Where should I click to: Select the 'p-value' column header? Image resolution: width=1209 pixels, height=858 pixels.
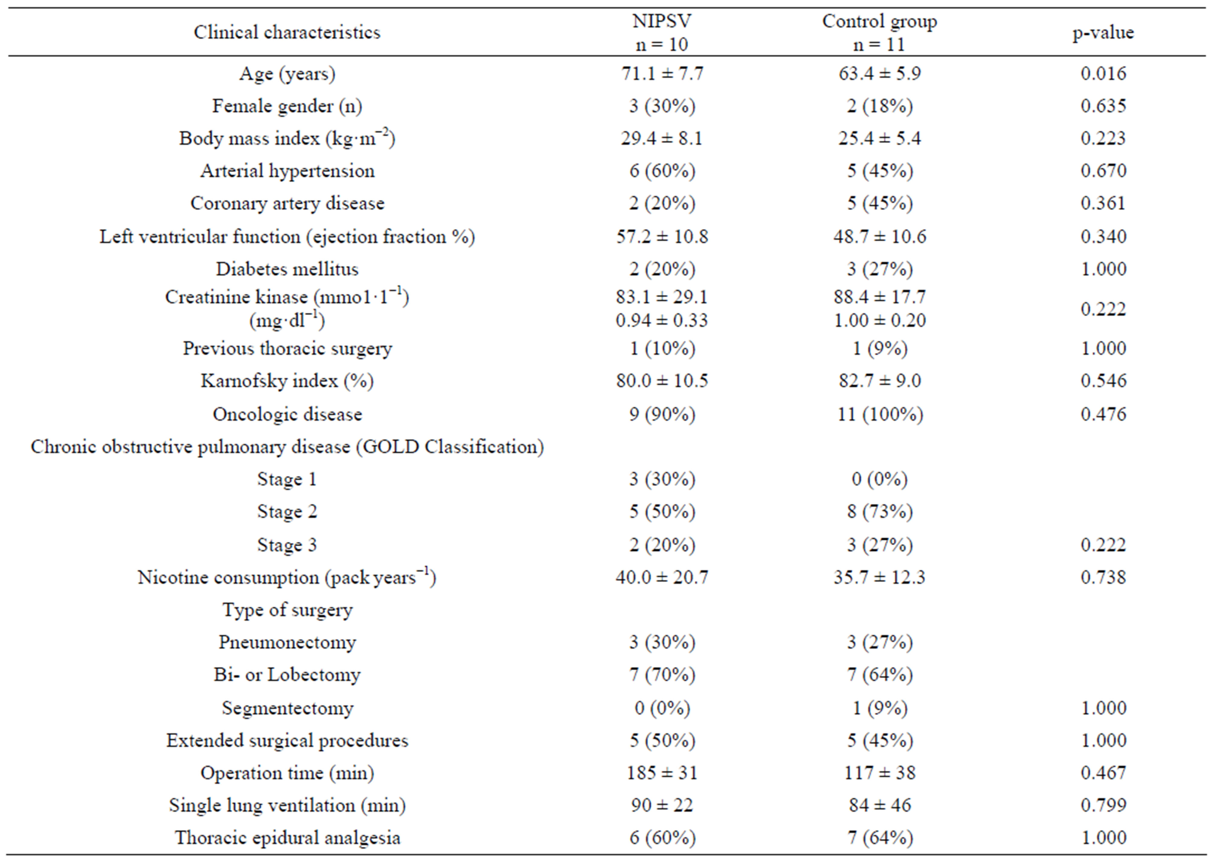click(1103, 33)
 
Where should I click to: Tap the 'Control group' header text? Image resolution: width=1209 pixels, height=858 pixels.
click(879, 21)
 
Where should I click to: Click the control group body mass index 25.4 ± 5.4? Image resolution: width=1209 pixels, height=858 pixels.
click(879, 138)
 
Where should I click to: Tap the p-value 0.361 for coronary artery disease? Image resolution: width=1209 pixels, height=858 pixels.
click(1103, 204)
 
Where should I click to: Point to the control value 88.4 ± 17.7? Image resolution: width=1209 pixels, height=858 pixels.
click(879, 297)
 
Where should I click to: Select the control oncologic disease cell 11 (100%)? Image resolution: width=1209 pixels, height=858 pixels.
click(879, 414)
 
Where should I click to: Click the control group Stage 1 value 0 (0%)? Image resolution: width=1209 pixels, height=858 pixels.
click(879, 479)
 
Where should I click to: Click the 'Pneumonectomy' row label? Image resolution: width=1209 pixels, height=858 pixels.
click(287, 642)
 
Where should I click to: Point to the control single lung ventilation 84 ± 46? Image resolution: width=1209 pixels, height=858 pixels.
click(879, 805)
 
